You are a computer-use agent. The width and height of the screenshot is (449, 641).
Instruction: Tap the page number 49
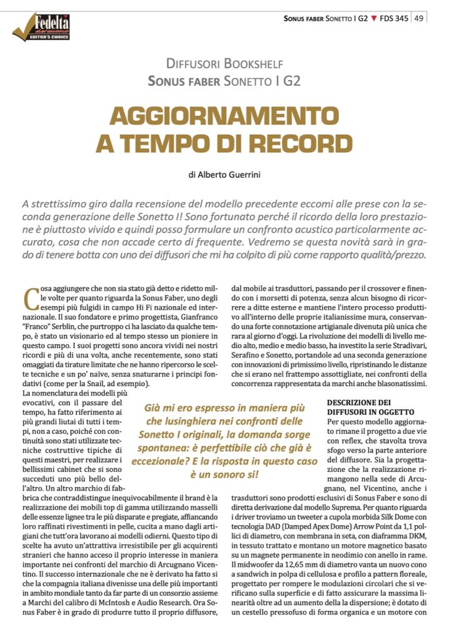click(x=418, y=18)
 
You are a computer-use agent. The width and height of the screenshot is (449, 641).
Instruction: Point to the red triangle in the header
click(x=374, y=19)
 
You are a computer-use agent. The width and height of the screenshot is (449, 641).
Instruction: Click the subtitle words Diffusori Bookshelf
click(x=224, y=63)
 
